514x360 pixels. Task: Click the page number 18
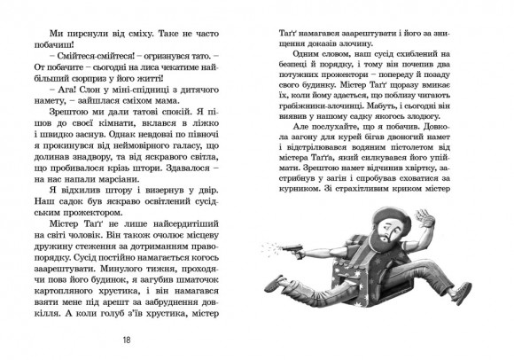130,337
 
